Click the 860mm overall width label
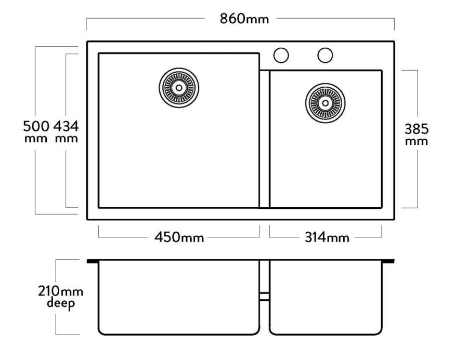tap(244, 19)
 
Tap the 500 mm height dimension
tap(36, 131)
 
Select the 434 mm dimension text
tap(66, 131)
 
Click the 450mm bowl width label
tap(179, 237)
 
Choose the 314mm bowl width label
tap(327, 237)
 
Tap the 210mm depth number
tap(61, 291)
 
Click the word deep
tap(61, 303)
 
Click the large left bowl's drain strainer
tap(179, 88)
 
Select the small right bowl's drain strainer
tap(326, 103)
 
